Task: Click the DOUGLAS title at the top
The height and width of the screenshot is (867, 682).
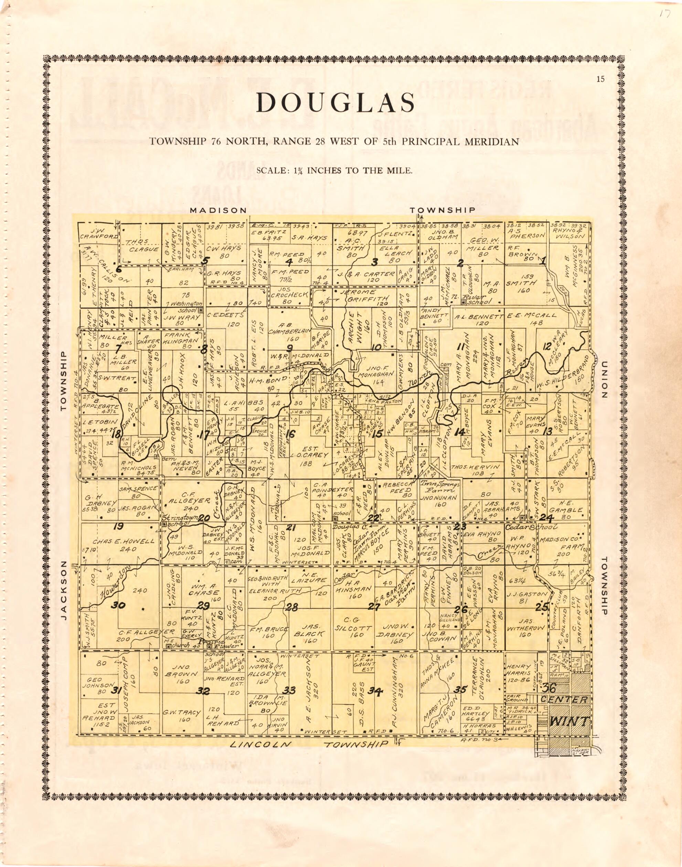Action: pos(335,103)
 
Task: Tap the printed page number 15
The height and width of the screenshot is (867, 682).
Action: pos(600,79)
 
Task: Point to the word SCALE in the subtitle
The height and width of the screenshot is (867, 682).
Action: pos(270,170)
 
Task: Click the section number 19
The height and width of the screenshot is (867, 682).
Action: pos(118,527)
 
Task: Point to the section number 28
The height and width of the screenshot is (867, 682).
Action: pos(292,607)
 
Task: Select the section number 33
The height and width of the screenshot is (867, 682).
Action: pos(289,690)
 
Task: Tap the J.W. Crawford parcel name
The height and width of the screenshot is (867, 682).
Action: pos(98,234)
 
